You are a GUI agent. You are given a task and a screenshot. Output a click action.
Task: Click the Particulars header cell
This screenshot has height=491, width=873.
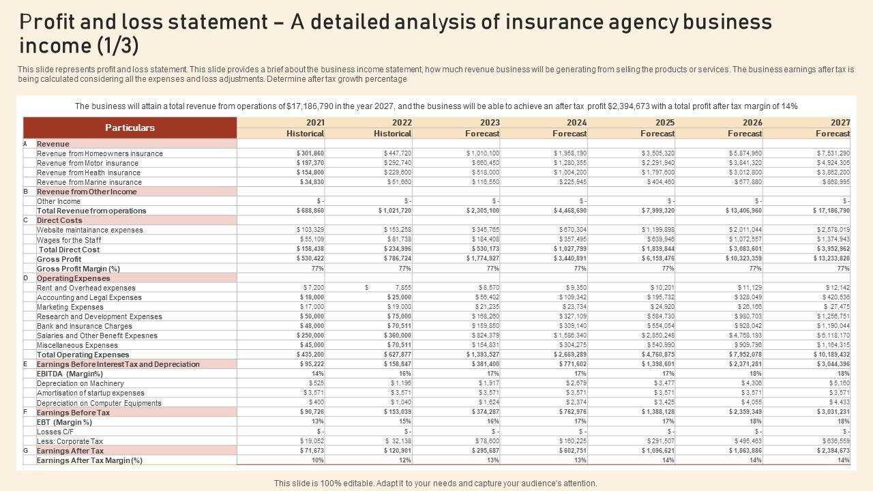click(130, 128)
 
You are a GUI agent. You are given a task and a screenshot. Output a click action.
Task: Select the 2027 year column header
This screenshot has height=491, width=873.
click(840, 123)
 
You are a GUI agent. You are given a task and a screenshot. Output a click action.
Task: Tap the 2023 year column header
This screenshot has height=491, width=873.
click(490, 123)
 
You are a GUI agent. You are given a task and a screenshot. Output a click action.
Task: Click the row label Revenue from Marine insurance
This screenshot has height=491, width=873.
click(89, 182)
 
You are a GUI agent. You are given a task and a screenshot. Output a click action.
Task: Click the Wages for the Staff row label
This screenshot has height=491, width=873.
click(69, 240)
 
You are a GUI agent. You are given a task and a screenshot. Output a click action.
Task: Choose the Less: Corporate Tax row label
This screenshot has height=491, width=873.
click(70, 441)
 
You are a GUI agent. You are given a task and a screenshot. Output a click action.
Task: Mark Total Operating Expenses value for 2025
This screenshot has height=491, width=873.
click(657, 355)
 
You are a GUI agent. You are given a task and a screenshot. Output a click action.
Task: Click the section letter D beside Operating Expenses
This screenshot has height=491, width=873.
click(26, 278)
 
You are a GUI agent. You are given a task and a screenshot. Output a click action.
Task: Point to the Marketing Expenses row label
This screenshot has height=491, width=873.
click(70, 307)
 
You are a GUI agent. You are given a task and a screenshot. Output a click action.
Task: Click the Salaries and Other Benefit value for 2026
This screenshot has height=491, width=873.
click(745, 336)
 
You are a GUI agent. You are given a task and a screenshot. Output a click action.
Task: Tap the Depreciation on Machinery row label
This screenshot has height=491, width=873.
click(80, 383)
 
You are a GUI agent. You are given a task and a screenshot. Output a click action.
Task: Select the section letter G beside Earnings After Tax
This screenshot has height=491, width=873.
click(26, 451)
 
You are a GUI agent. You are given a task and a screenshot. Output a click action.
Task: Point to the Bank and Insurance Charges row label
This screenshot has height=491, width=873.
click(85, 326)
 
